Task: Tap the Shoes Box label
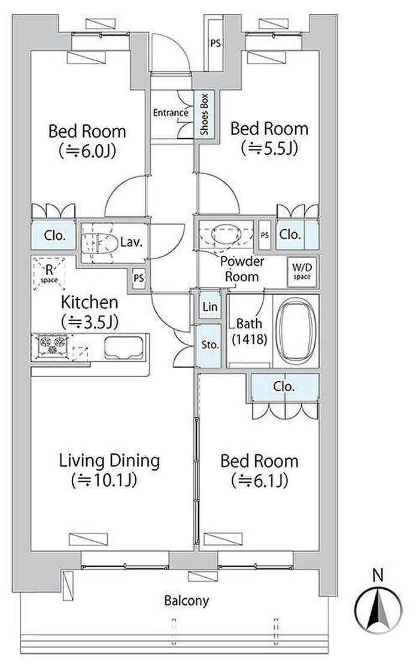coord(204,114)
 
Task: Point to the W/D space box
coord(302,272)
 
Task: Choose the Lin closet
coord(210,306)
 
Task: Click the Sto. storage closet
coord(210,345)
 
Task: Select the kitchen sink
coord(123,348)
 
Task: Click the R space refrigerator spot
coord(48,273)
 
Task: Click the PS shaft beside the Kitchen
coord(138,278)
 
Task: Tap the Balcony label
coord(187,601)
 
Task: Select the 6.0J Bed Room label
coord(87,141)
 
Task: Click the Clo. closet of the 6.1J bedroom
coord(284,387)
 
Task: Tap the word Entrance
coord(171,113)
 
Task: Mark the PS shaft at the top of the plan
coord(215,43)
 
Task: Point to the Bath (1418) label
coord(249,331)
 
